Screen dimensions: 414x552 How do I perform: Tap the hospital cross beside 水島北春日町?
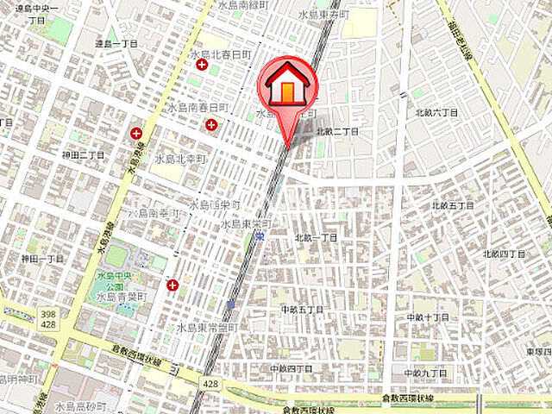(202, 65)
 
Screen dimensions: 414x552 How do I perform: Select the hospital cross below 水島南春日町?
(210, 125)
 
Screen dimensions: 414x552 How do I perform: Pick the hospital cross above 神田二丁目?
(136, 133)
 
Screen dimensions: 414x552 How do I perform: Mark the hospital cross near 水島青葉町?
(172, 284)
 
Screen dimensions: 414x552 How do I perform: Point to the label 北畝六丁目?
(436, 112)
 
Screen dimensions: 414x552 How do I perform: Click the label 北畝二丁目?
(336, 131)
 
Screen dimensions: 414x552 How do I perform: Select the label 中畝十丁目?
(428, 317)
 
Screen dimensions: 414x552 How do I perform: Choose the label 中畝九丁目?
(426, 373)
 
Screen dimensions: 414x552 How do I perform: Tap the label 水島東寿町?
(323, 15)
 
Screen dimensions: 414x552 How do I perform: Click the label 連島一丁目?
(116, 42)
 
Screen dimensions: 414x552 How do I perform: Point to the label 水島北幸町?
(181, 160)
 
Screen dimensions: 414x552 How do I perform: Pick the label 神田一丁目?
(43, 258)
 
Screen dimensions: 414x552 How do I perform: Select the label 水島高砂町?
(80, 405)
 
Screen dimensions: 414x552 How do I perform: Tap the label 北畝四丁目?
(505, 254)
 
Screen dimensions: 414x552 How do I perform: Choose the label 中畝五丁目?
(302, 309)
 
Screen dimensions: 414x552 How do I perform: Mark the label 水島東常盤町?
(206, 328)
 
